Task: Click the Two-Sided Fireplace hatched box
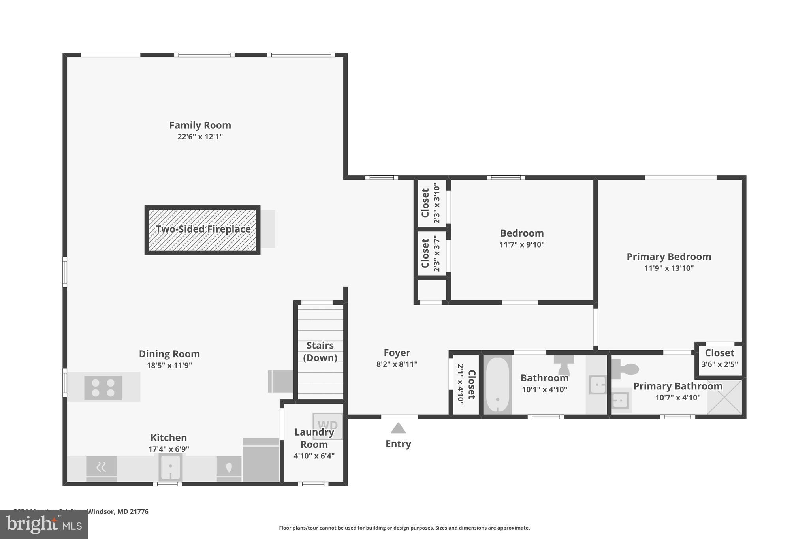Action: coord(202,230)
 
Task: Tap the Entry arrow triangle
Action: coord(398,428)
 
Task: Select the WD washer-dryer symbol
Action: coord(327,426)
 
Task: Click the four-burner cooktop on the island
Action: coord(103,388)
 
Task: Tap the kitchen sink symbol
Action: coord(170,467)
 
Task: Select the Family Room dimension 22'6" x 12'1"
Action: coord(200,137)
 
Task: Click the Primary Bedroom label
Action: coord(669,257)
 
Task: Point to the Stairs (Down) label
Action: coord(320,351)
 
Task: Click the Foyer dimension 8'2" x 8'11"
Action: coord(397,364)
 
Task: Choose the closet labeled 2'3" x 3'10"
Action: coord(431,203)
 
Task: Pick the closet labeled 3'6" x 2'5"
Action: coord(719,359)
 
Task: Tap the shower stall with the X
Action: coord(724,397)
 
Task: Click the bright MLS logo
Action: coord(43,524)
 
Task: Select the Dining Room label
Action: coord(169,354)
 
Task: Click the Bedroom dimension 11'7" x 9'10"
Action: coord(522,244)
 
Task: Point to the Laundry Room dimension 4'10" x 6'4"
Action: coord(314,456)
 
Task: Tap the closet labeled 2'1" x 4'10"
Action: coord(466,384)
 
